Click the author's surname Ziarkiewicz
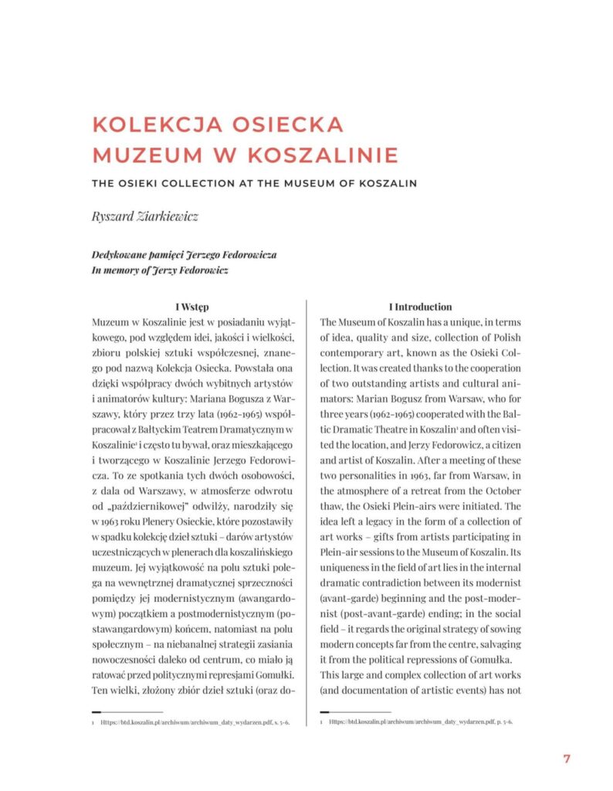pyautogui.click(x=167, y=216)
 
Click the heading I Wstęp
pyautogui.click(x=198, y=307)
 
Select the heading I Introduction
pyautogui.click(x=420, y=307)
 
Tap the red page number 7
pyautogui.click(x=567, y=758)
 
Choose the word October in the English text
pyautogui.click(x=500, y=491)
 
